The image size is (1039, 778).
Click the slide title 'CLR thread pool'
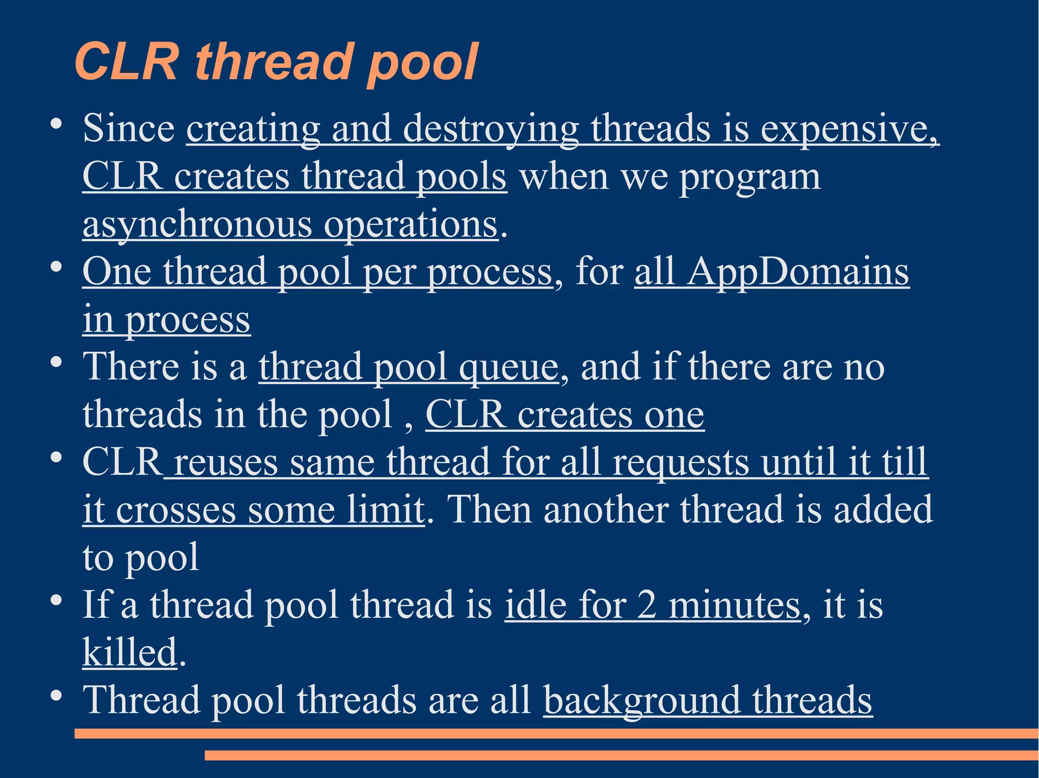coord(276,62)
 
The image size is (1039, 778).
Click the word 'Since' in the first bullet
coord(129,128)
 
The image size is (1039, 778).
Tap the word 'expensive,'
coord(850,129)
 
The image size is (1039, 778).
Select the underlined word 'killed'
coord(129,652)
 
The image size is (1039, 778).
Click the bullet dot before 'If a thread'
coord(56,600)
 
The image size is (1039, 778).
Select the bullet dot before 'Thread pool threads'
coord(56,695)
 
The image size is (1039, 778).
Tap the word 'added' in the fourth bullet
coord(883,509)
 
